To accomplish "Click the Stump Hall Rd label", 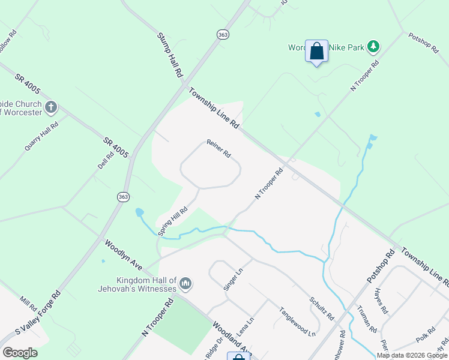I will tap(170, 55).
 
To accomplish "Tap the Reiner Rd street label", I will tap(219, 148).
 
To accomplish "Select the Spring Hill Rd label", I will tap(173, 221).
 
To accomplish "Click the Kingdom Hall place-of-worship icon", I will tap(185, 283).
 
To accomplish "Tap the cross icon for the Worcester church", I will tap(51, 107).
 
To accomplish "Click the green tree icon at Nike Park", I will tap(373, 46).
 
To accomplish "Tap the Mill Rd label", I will tap(28, 303).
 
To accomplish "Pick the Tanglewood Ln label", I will tap(297, 321).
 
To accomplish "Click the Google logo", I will tap(20, 353).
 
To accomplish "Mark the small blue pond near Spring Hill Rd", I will tap(139, 212).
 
